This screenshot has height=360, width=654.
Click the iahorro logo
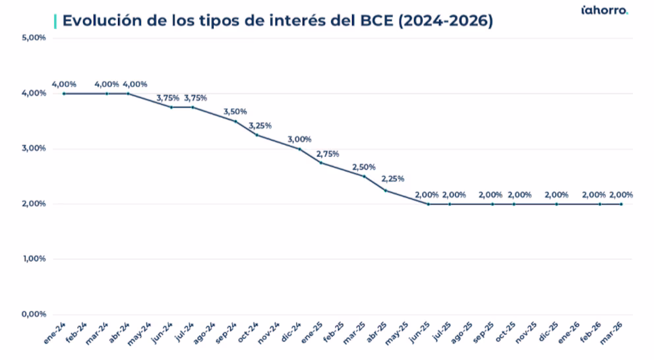coord(605,10)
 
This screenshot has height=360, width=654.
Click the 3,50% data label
coord(235,112)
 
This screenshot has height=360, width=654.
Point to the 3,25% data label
coord(260,126)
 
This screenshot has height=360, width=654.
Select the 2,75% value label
coord(328,154)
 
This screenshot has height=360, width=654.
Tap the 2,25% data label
coord(393,179)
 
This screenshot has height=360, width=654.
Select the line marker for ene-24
coord(64,94)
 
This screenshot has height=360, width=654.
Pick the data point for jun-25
coord(428,204)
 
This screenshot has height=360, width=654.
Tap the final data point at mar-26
coord(621,204)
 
